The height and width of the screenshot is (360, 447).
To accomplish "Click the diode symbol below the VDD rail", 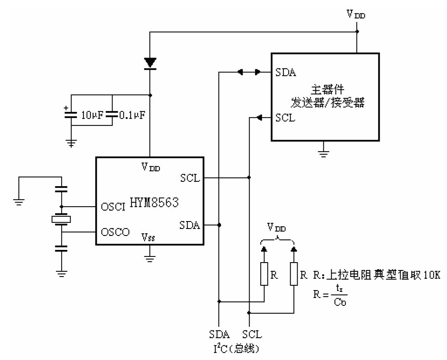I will (x=150, y=63).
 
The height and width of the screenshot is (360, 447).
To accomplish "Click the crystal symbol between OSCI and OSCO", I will (x=61, y=219).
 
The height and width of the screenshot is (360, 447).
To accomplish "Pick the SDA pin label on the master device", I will (x=286, y=72).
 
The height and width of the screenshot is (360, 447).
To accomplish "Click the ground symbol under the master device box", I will (x=323, y=152).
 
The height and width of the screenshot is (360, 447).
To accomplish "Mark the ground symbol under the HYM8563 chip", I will (x=150, y=257).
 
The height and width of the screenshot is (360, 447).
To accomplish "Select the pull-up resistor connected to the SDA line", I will (x=264, y=274).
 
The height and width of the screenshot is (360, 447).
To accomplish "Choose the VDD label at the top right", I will (x=356, y=14).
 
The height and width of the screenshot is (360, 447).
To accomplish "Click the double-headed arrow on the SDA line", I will (x=249, y=72).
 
